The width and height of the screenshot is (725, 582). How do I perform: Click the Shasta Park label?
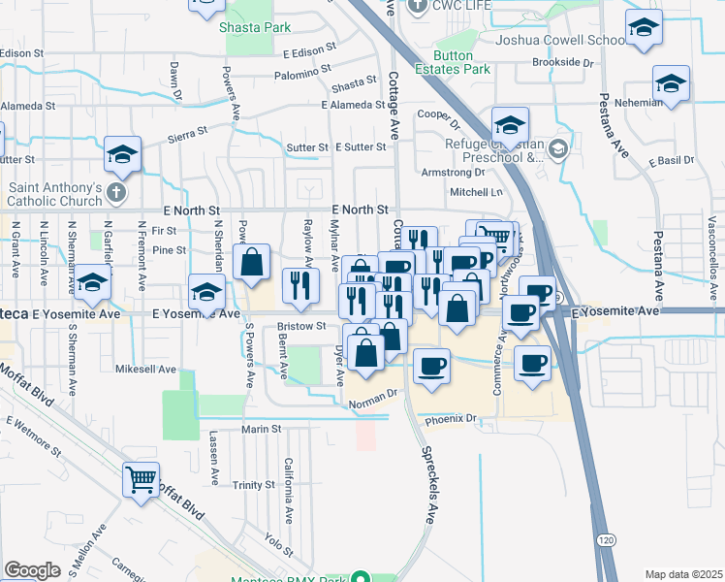coord(256,28)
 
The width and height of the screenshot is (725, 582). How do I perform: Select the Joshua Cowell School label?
coord(559,40)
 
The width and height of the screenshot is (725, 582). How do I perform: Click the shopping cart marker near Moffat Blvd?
coord(142,479)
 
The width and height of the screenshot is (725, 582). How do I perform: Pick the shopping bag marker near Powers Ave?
coord(251,262)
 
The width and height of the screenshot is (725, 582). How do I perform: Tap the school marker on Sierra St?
coord(123,153)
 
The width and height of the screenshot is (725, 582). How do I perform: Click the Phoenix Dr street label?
coord(451,419)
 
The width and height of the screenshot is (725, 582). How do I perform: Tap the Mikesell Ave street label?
coord(145,370)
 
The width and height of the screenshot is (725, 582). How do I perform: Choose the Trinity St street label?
coord(255,485)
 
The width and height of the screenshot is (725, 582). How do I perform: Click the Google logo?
coord(32,570)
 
